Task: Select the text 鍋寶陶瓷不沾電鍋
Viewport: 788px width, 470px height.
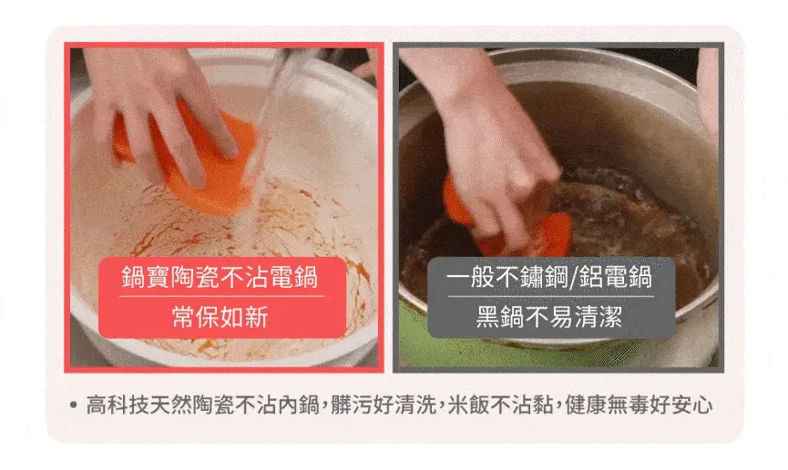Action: tap(220, 277)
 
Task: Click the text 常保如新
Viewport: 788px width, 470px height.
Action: tap(220, 317)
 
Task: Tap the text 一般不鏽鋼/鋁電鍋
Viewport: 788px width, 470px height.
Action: tap(549, 277)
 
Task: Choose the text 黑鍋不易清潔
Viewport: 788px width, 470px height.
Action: tap(549, 317)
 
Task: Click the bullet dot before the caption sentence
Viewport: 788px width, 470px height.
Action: tap(74, 404)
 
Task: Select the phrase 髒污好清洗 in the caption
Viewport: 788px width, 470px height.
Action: tap(384, 404)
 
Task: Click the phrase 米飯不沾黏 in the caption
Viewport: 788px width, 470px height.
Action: tap(501, 404)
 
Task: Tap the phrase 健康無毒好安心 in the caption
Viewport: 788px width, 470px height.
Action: tap(639, 404)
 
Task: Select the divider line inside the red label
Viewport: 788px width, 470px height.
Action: tap(221, 297)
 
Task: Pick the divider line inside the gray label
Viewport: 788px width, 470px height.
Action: tap(551, 297)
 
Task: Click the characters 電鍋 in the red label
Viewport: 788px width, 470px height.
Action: tap(294, 277)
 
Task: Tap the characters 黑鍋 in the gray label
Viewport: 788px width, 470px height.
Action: tap(500, 317)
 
